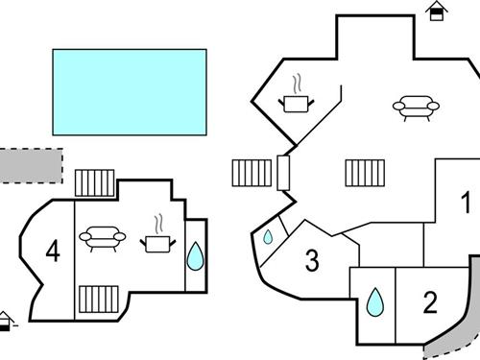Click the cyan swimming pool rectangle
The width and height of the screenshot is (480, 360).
(130, 92)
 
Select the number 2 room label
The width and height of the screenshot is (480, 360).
(430, 303)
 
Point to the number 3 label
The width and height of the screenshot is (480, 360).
(312, 259)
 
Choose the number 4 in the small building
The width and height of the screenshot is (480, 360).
(53, 252)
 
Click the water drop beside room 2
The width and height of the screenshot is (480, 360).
(374, 304)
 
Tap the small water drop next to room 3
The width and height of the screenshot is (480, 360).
(268, 237)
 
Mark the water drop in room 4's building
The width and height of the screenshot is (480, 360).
(195, 255)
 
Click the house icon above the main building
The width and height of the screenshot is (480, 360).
(438, 11)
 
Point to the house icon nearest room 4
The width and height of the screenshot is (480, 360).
(7, 320)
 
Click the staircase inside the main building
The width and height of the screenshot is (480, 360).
(365, 174)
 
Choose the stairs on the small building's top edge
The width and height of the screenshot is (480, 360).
(95, 183)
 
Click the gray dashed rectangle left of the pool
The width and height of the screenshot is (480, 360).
(30, 164)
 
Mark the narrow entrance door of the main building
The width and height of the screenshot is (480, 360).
(283, 173)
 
